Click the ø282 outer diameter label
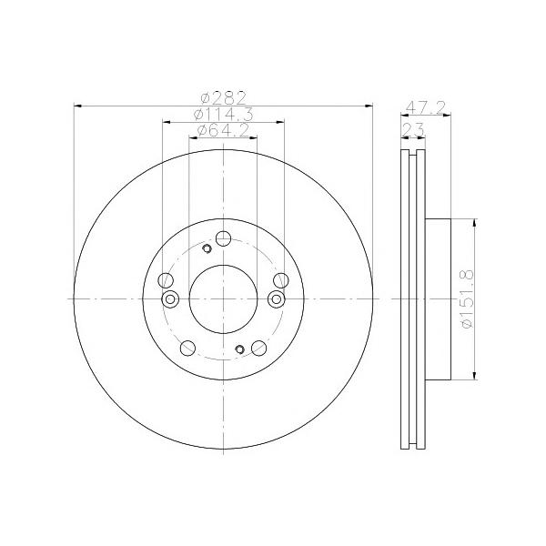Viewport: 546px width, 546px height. [x=224, y=98]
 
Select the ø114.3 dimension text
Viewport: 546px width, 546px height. [x=224, y=115]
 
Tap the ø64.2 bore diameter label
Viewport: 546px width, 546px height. [x=223, y=130]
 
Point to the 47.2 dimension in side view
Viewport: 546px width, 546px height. [x=426, y=107]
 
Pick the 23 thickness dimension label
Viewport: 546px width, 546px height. [x=413, y=130]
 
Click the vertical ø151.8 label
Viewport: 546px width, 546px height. [x=468, y=298]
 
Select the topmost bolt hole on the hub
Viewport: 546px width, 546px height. [x=223, y=238]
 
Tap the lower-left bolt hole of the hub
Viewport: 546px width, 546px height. [x=187, y=348]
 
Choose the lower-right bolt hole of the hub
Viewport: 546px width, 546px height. [x=259, y=348]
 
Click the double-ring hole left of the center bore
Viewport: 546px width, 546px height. [x=170, y=298]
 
